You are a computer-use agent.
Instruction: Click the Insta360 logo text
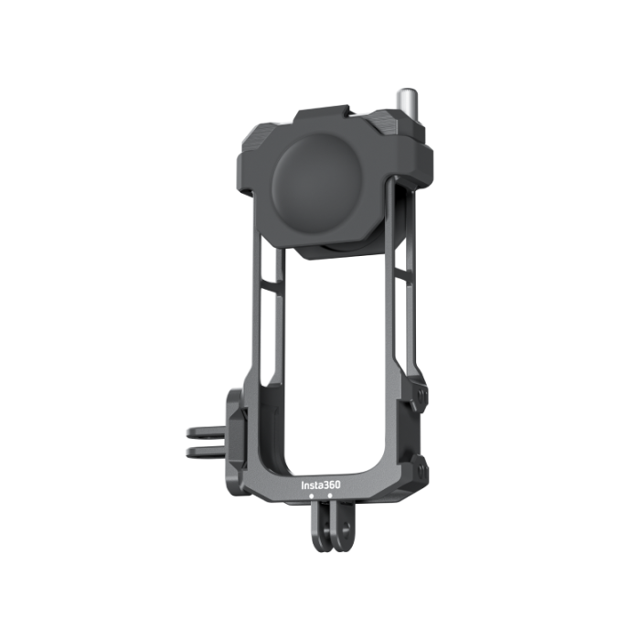point(320,485)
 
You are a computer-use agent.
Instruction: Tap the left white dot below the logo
point(312,496)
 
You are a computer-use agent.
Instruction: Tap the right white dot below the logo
point(330,496)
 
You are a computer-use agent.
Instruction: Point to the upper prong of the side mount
point(205,432)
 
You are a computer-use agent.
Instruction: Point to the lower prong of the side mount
point(205,452)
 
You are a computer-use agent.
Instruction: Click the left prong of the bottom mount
point(321,527)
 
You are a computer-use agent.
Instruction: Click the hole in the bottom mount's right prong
point(346,528)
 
